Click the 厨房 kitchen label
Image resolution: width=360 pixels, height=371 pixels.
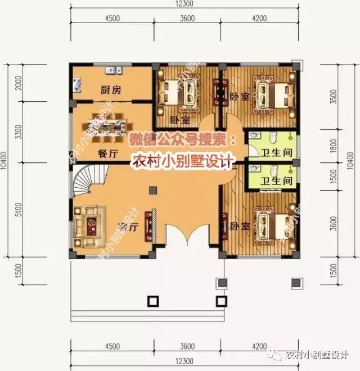(111, 90)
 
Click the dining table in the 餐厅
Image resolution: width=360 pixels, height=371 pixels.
(111, 125)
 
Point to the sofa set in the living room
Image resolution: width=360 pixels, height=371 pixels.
(87, 227)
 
